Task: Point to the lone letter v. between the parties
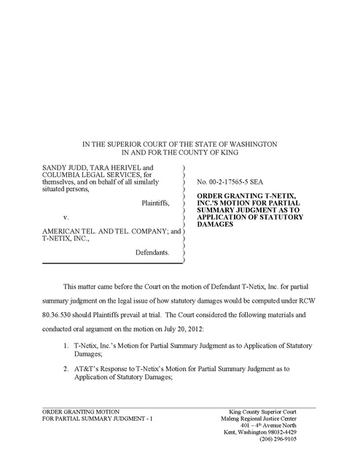(x=66, y=217)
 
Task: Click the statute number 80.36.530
(x=61, y=306)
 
